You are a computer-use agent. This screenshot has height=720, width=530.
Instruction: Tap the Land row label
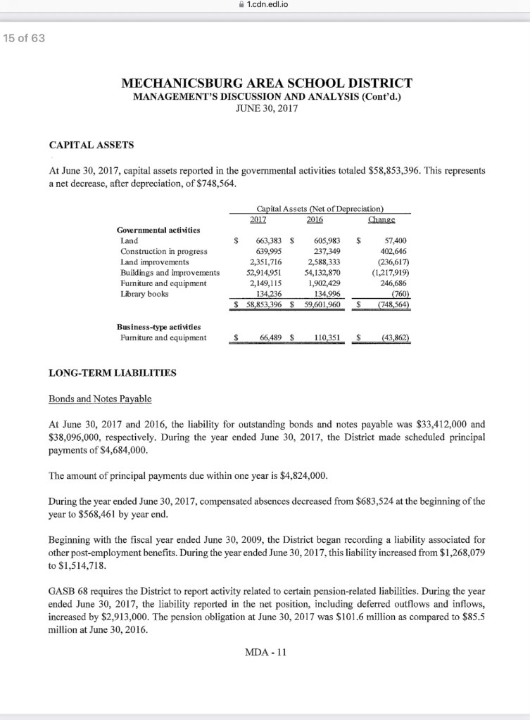coord(130,240)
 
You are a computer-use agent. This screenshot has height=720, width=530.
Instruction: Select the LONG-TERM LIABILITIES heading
coord(113,373)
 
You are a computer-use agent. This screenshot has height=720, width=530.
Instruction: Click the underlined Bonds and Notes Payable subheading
coord(99,399)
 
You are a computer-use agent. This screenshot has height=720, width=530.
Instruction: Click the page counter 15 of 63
coord(23,38)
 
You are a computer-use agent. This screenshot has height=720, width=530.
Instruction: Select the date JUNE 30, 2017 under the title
coord(265,110)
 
